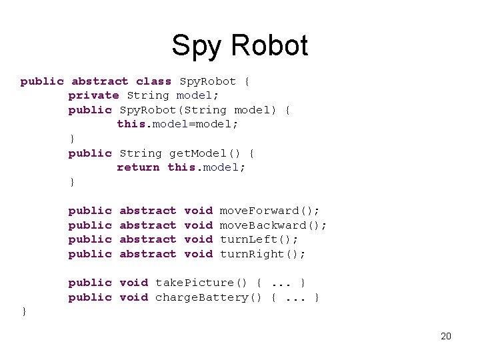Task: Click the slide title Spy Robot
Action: pos(239,45)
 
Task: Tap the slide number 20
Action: pos(446,336)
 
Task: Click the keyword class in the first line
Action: pos(153,81)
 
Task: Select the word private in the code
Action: pos(93,95)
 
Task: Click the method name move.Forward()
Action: pos(269,211)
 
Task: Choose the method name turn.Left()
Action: pos(259,239)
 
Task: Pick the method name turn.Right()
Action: pos(262,254)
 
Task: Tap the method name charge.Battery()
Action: pos(211,297)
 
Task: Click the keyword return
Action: pos(138,167)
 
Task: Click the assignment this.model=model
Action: pos(177,125)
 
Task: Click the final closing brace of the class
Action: pos(24,311)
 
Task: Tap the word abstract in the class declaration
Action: pos(99,81)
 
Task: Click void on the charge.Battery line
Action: pos(133,297)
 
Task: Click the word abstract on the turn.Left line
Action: pos(147,239)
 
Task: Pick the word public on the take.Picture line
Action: pos(90,283)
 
